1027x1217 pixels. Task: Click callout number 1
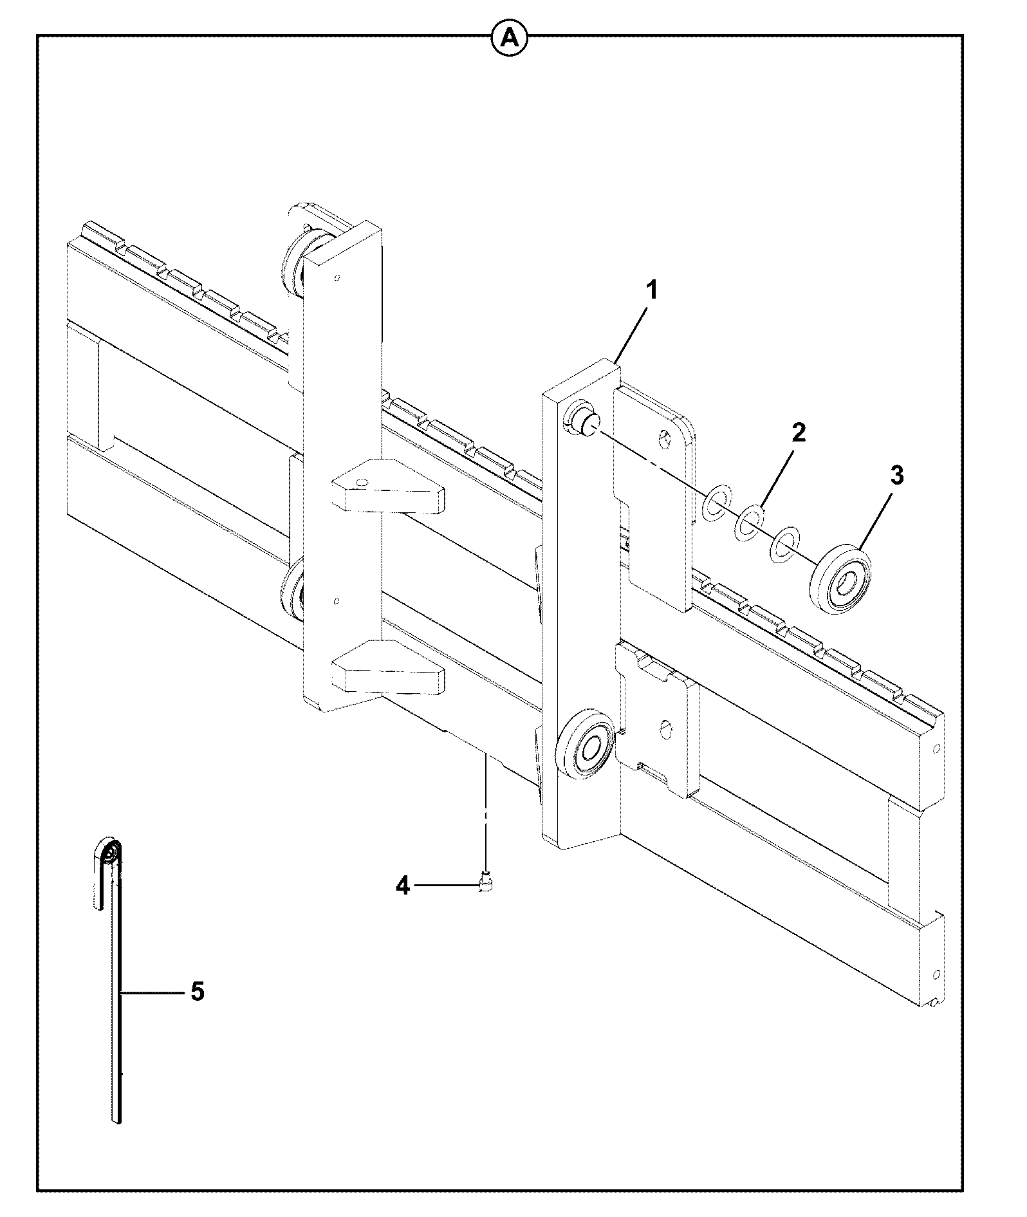(x=652, y=291)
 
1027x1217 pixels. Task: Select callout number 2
(x=798, y=432)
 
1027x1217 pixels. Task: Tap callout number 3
(x=896, y=476)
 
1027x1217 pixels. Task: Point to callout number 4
(x=402, y=886)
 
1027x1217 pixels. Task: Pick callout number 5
(x=197, y=992)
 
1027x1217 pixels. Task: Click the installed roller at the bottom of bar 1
(x=587, y=745)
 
